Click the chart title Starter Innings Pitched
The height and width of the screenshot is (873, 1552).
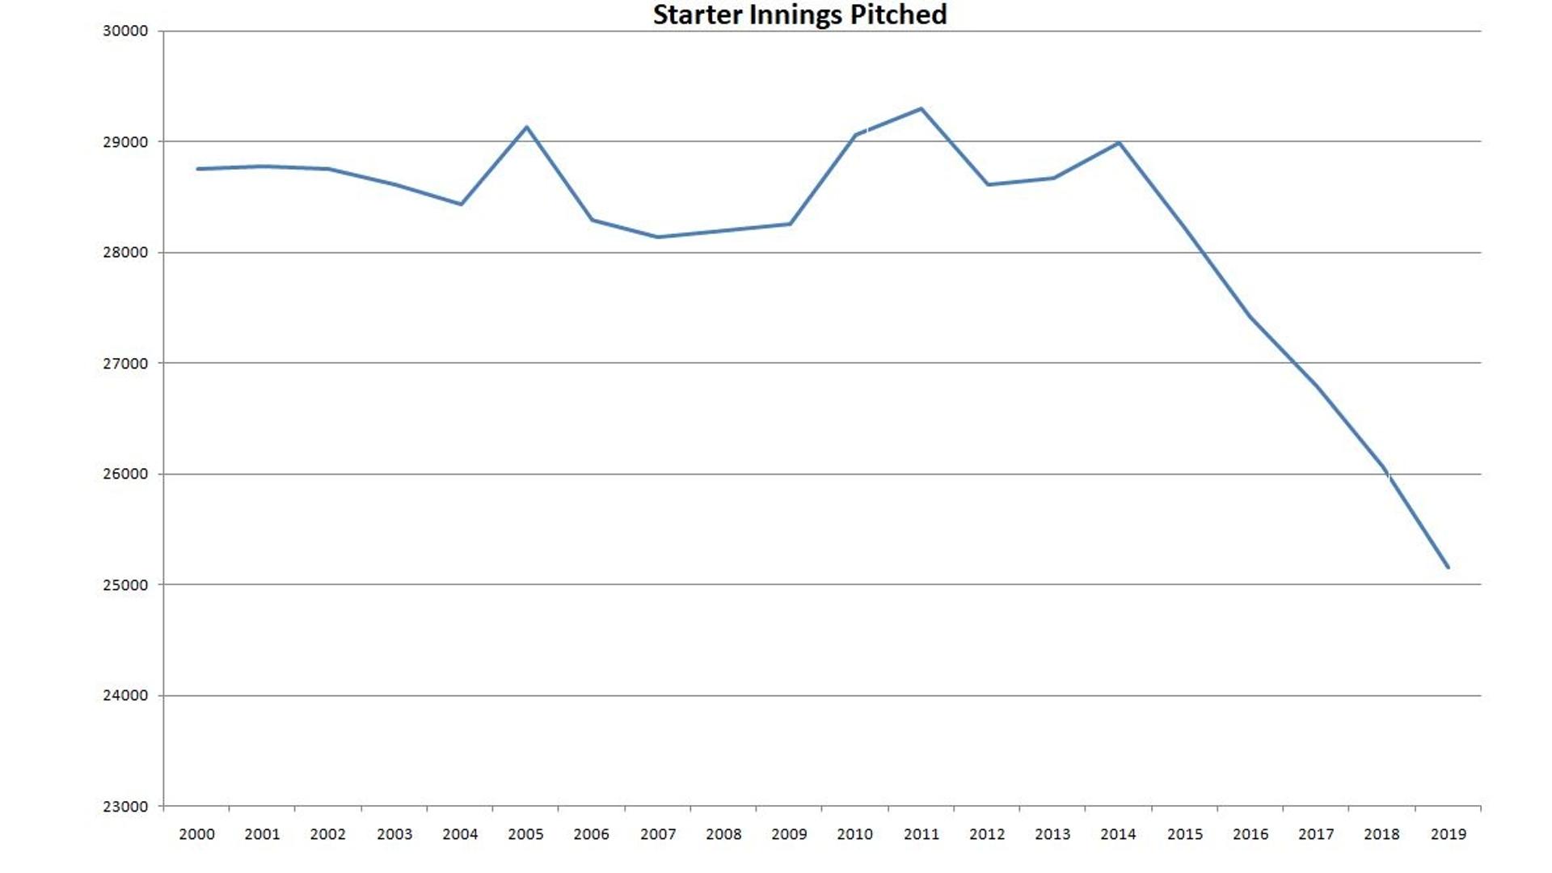799,15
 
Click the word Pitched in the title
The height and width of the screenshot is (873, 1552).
898,15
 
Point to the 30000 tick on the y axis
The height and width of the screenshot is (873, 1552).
125,31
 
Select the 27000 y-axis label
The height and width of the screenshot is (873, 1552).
125,364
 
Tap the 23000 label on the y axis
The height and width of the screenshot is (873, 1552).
125,807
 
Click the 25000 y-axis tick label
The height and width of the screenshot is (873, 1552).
125,585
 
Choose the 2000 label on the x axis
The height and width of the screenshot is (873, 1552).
196,834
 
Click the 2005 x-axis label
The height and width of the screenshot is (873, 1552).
525,834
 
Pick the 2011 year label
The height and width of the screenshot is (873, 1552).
921,834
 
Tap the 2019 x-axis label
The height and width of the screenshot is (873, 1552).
1448,834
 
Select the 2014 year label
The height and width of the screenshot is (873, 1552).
1118,834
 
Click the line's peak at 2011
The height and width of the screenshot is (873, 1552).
921,108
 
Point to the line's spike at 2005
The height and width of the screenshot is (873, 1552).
527,127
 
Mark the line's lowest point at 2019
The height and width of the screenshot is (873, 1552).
1448,567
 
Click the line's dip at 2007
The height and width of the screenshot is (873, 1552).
657,237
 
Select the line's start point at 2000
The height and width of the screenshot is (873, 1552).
197,169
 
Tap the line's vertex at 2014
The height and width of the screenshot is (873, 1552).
1119,143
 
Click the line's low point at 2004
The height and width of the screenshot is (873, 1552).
461,205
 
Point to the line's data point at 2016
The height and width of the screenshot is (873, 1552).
1250,317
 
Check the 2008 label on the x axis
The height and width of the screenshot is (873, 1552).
723,834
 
